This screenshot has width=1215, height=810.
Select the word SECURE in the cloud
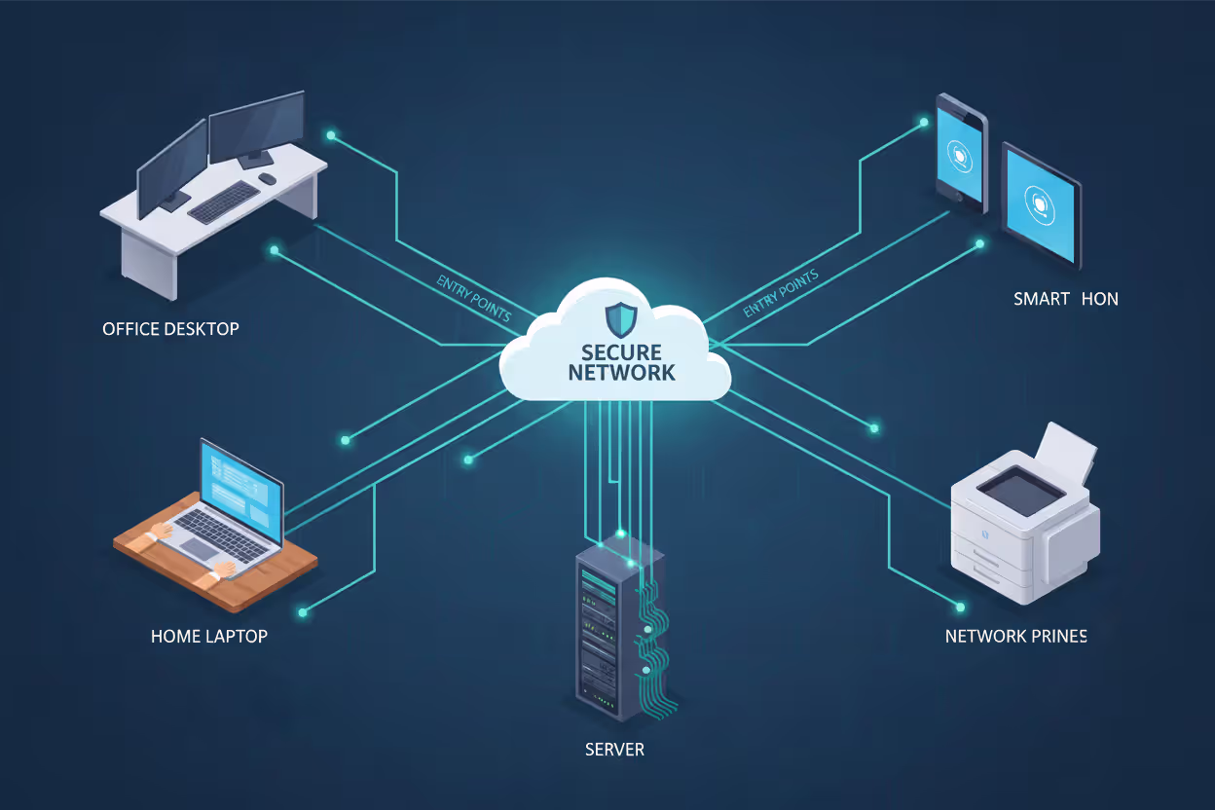[621, 352]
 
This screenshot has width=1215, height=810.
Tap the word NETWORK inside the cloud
[621, 373]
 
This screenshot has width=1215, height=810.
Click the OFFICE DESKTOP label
[170, 329]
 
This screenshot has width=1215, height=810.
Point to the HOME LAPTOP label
[208, 636]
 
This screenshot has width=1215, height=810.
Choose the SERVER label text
[614, 750]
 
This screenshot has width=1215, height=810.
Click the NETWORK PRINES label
[1015, 636]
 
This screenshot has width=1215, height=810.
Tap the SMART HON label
[1065, 299]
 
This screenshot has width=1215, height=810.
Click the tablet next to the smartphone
[1042, 204]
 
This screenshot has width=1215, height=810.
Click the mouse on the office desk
[267, 178]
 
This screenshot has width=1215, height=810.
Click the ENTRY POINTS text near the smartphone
[780, 293]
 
